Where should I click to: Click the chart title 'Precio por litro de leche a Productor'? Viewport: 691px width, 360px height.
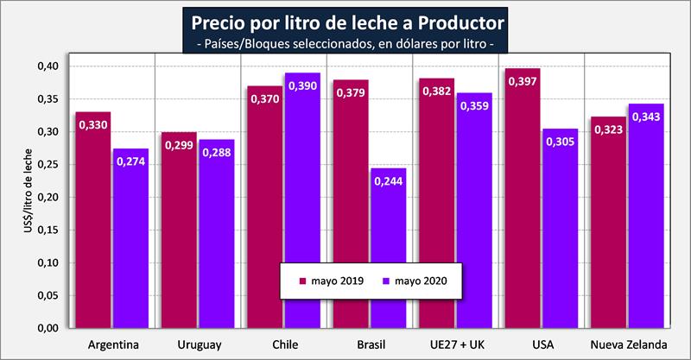tap(345, 19)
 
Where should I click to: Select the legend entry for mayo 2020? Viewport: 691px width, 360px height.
tap(415, 280)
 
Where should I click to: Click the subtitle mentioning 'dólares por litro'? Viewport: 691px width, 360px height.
tap(345, 43)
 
